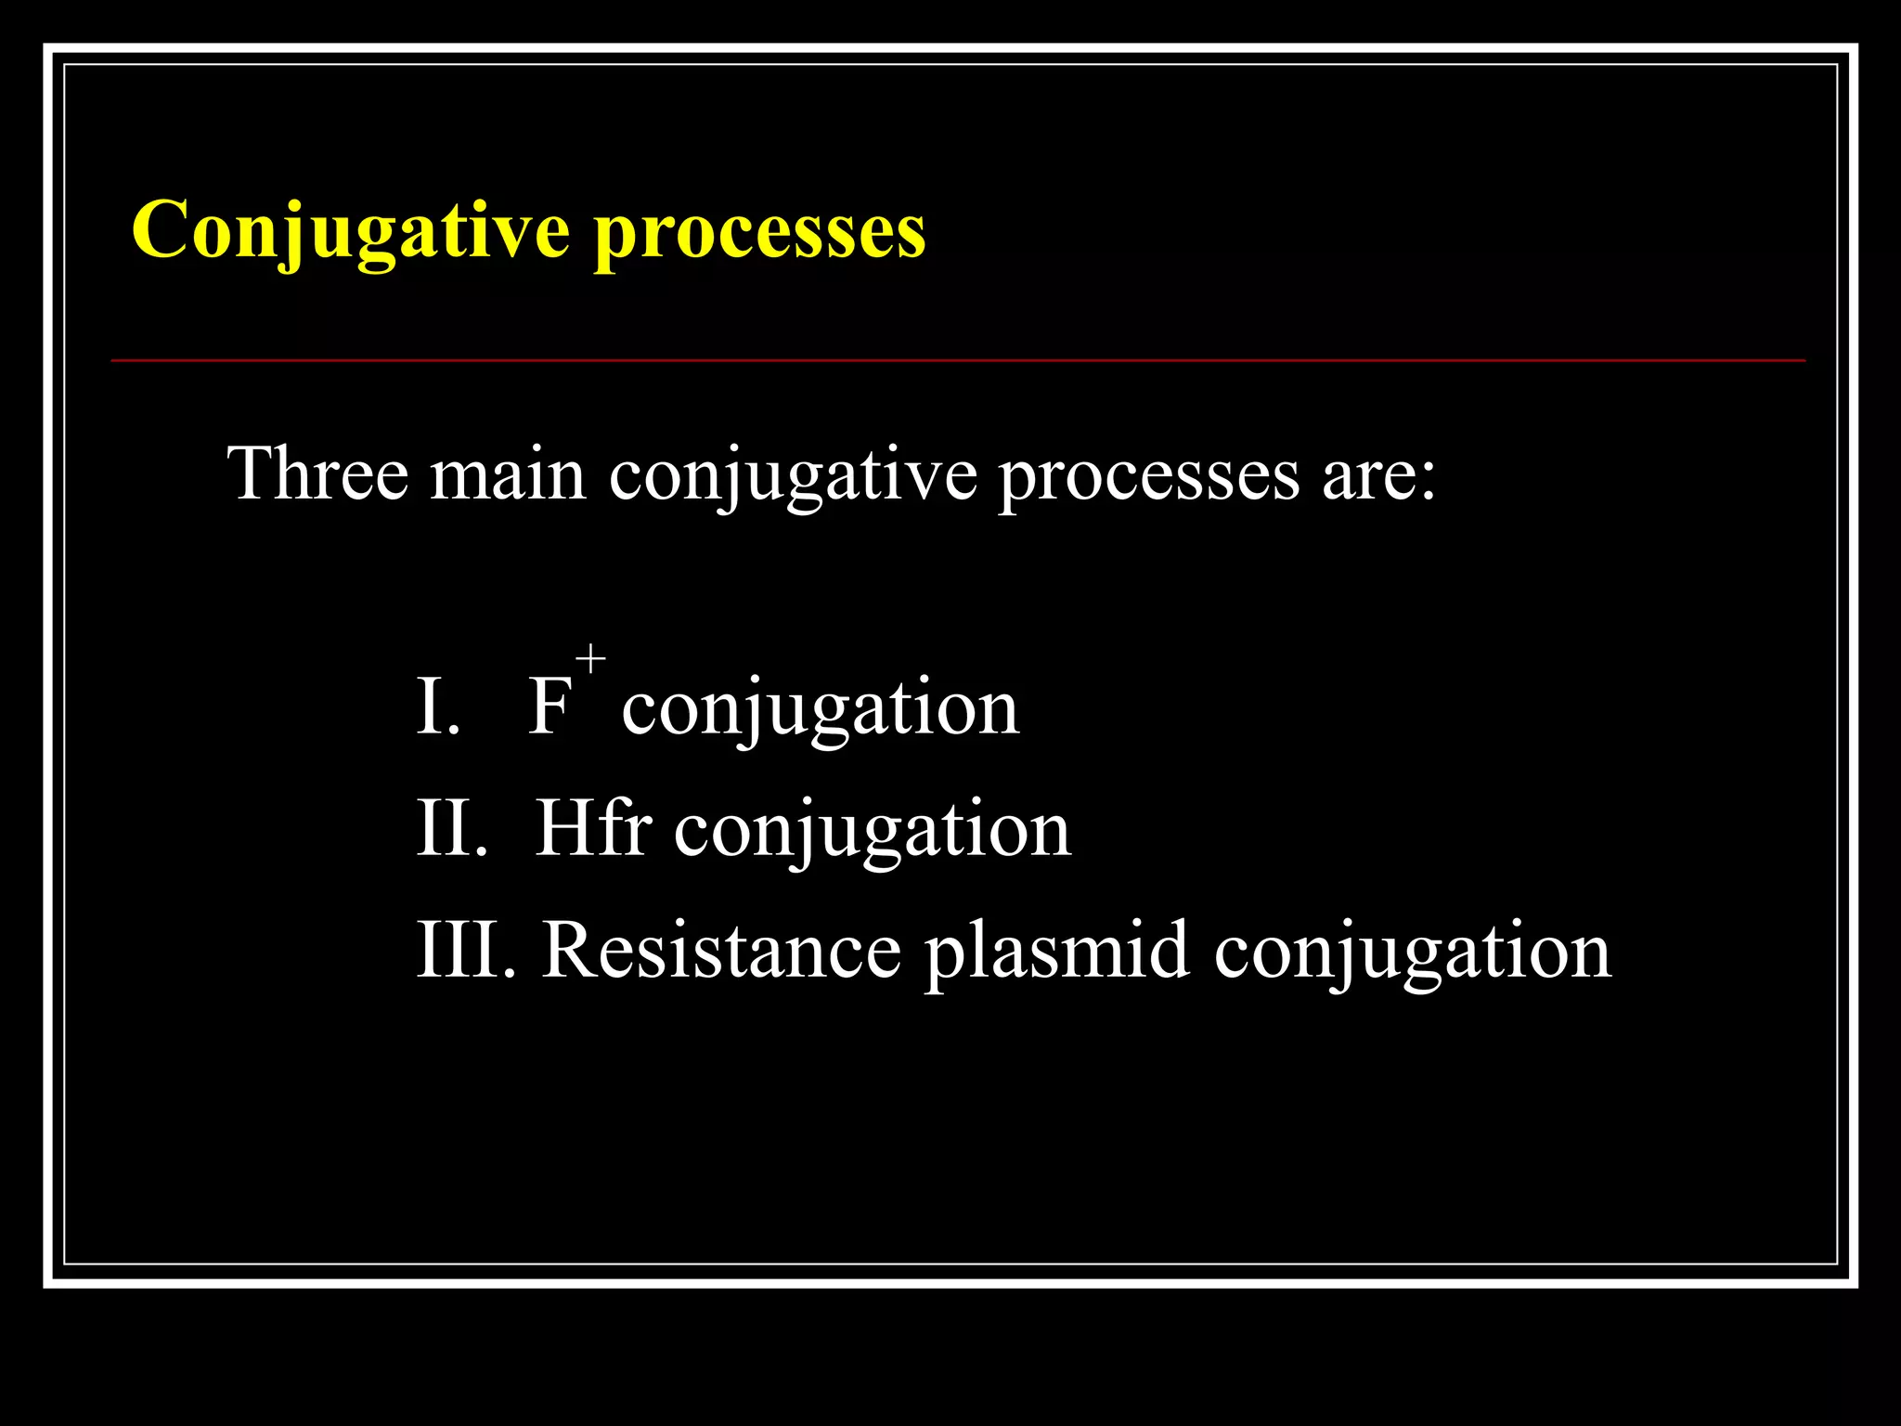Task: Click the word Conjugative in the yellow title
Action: tap(350, 230)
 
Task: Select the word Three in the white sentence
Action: tap(317, 473)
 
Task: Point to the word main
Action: tap(508, 475)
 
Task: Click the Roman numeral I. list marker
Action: tap(438, 707)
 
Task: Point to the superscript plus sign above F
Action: tap(590, 660)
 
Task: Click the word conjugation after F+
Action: tap(821, 710)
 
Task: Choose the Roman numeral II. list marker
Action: tap(452, 828)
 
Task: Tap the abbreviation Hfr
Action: tap(593, 828)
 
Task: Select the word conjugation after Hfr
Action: tap(873, 832)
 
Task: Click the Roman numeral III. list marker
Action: tap(465, 951)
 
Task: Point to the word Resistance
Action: tap(721, 951)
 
